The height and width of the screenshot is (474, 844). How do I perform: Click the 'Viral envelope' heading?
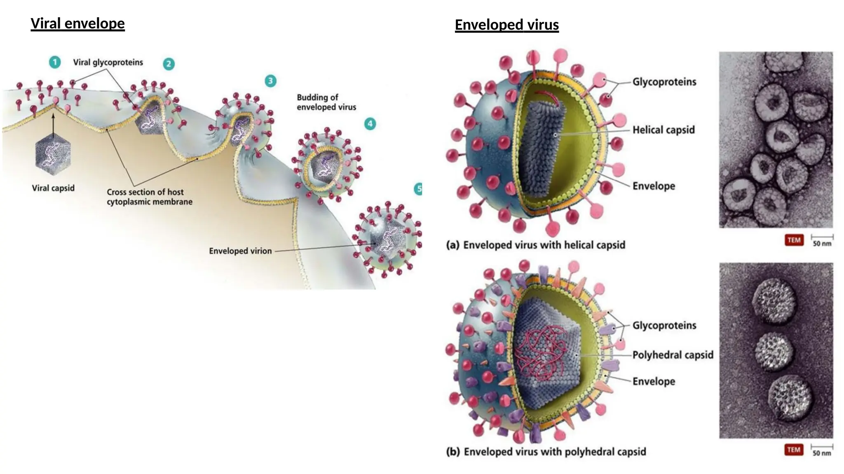[x=77, y=23]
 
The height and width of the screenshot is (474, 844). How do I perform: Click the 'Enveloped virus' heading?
[x=506, y=25]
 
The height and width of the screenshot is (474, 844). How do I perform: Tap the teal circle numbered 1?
[x=55, y=62]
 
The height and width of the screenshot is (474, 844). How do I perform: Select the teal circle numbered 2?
[x=169, y=64]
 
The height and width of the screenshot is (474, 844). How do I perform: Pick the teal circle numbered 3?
[x=270, y=81]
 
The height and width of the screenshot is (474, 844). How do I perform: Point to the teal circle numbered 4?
[x=370, y=124]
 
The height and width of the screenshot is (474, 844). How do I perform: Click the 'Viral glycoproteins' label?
[x=108, y=63]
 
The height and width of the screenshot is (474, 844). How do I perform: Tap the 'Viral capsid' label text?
[x=53, y=188]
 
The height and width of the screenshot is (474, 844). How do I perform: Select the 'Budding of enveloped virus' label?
[x=326, y=102]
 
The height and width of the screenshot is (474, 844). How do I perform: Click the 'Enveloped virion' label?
[x=240, y=251]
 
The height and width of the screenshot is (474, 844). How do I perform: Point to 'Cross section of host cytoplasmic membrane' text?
[x=149, y=197]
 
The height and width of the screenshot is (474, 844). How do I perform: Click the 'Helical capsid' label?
[x=663, y=130]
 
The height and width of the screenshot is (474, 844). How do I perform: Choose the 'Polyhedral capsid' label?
[x=673, y=355]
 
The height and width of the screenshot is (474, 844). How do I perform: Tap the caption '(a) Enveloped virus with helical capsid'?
[x=536, y=245]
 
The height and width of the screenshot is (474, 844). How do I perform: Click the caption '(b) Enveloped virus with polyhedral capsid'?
[x=546, y=452]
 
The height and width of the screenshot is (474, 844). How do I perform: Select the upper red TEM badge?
[x=794, y=240]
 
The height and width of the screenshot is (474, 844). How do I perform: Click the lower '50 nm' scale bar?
[x=822, y=450]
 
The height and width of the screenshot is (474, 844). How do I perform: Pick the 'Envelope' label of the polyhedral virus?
[x=654, y=381]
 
